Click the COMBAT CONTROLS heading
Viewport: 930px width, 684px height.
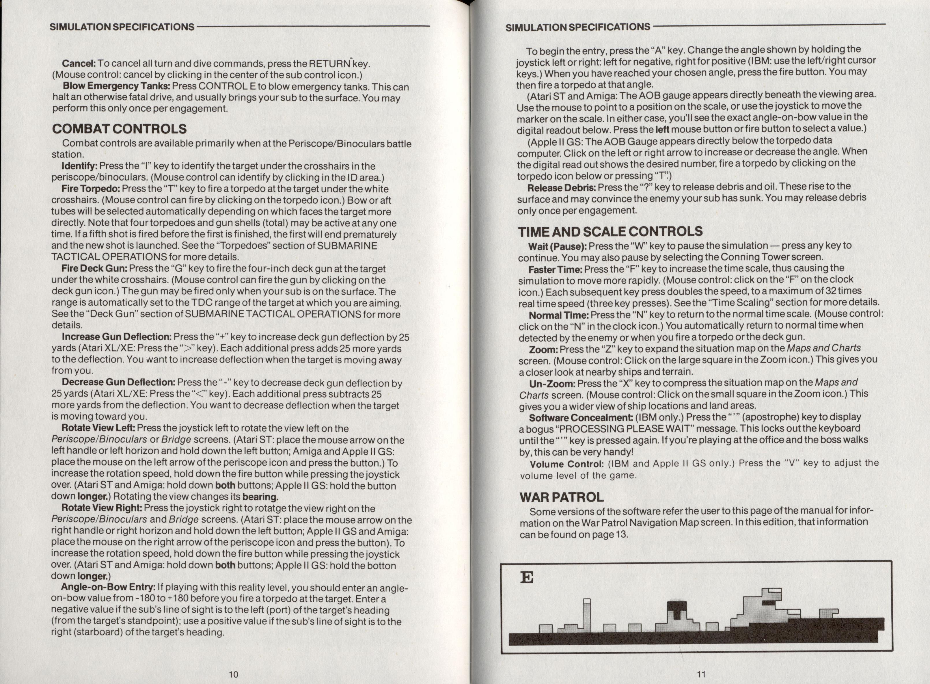[x=119, y=129]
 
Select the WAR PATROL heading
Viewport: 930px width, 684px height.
[x=561, y=497]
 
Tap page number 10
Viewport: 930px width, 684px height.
[x=233, y=674]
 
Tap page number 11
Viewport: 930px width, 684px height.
[x=701, y=674]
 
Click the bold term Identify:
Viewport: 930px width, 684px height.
[x=79, y=166]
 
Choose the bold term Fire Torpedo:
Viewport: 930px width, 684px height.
[x=91, y=189]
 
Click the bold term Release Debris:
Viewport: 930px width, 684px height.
[x=561, y=187]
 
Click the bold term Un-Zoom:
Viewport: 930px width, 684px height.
[x=552, y=383]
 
